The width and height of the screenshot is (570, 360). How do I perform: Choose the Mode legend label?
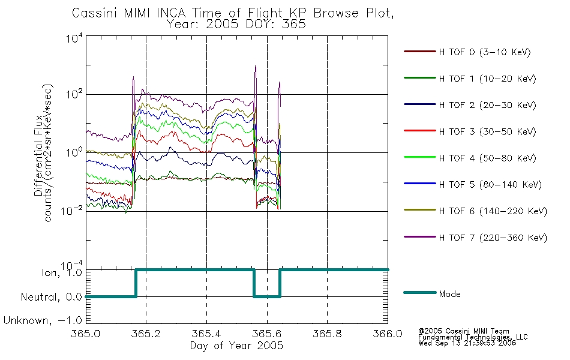click(449, 294)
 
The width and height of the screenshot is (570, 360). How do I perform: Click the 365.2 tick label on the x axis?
click(146, 334)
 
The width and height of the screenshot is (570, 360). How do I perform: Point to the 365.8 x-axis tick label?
click(327, 334)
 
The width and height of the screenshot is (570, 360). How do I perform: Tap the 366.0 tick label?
click(388, 334)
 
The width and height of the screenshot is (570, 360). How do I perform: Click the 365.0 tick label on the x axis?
click(86, 334)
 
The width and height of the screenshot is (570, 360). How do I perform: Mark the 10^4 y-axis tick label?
click(74, 38)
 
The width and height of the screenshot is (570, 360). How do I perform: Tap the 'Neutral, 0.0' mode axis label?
click(51, 297)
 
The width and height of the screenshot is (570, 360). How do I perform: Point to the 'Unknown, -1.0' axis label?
click(43, 320)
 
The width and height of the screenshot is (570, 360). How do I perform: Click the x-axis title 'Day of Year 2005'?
click(236, 346)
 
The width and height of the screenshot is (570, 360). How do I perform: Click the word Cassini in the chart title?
click(95, 13)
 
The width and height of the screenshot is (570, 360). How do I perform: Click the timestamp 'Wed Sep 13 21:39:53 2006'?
click(467, 343)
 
